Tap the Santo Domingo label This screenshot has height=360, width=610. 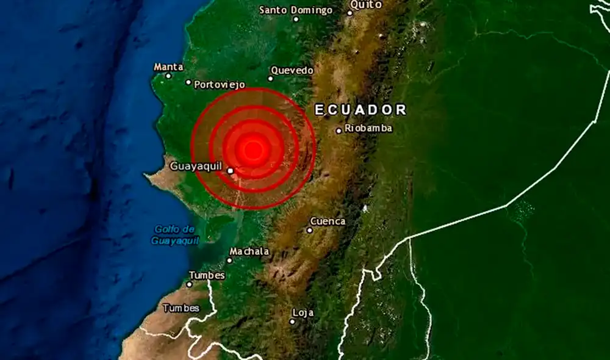(296, 10)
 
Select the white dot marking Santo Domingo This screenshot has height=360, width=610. (296, 19)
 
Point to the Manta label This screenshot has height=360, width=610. (168, 67)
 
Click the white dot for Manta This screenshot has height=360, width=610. (169, 76)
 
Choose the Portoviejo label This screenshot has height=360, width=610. (219, 85)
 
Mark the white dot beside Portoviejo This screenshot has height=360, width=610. (188, 82)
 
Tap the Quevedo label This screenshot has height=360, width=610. (292, 70)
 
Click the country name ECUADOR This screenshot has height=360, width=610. (361, 110)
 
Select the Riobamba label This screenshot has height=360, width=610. (368, 128)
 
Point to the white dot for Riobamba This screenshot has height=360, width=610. (339, 131)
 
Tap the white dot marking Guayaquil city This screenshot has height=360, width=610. (231, 171)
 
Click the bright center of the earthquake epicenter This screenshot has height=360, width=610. (253, 149)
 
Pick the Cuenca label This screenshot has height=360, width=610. (328, 221)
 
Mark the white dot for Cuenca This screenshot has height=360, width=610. (310, 230)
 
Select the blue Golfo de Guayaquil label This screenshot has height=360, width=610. (175, 235)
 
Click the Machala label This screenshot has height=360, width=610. (249, 251)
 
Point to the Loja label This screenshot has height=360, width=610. (303, 312)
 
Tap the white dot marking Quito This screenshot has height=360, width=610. (350, 12)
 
